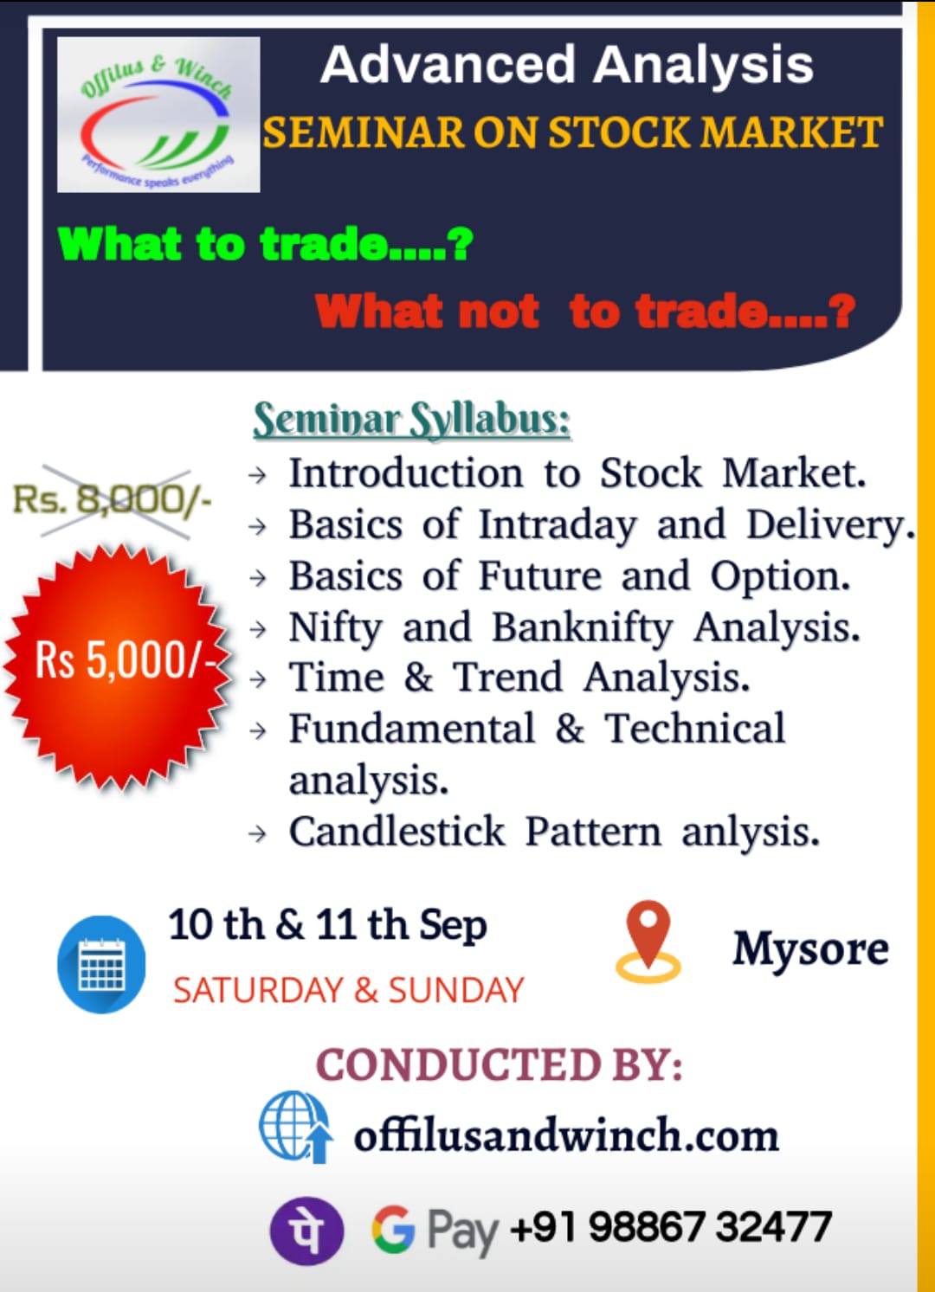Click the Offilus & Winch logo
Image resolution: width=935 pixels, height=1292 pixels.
[x=158, y=114]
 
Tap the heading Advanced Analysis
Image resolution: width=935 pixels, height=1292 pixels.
[x=567, y=64]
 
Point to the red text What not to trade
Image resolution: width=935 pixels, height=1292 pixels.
[x=585, y=311]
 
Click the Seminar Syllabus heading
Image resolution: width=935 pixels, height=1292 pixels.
[x=412, y=420]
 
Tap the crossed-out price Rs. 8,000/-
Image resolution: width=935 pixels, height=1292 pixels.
[x=113, y=499]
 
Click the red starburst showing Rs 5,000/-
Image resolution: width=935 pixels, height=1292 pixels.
[x=118, y=665]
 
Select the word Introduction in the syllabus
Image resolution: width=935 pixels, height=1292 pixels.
[x=406, y=473]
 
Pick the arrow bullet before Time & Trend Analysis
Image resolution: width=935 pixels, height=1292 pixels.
[x=257, y=679]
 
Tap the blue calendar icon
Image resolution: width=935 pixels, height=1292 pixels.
[x=101, y=964]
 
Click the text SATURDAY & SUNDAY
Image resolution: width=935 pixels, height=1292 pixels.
[x=348, y=990]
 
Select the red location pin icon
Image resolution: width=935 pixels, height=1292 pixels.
[x=648, y=941]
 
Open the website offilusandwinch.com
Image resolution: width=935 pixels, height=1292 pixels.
[x=566, y=1135]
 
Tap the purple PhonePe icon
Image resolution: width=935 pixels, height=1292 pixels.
[x=306, y=1231]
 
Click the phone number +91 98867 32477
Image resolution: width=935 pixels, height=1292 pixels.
[x=671, y=1225]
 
